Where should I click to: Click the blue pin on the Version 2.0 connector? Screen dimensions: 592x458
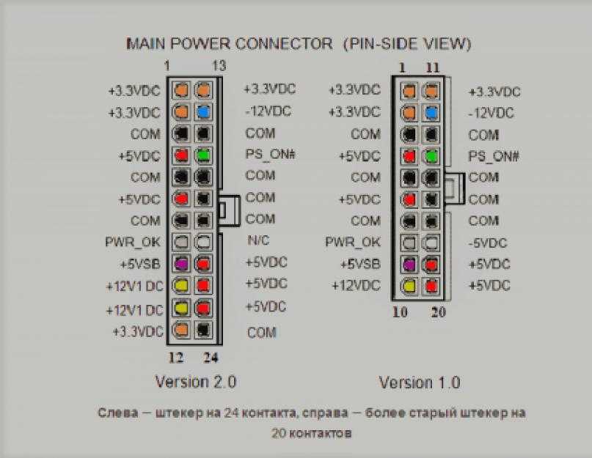pyautogui.click(x=203, y=112)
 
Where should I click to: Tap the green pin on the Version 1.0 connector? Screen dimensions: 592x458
pyautogui.click(x=431, y=156)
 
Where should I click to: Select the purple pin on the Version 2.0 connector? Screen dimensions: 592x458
pyautogui.click(x=181, y=264)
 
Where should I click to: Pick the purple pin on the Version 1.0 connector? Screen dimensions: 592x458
pyautogui.click(x=409, y=264)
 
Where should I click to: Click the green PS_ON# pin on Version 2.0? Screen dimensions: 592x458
pyautogui.click(x=203, y=155)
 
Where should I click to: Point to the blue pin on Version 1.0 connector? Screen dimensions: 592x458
pyautogui.click(x=431, y=112)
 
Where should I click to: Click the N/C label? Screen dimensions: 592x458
pyautogui.click(x=259, y=240)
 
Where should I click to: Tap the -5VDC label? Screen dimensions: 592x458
pyautogui.click(x=487, y=243)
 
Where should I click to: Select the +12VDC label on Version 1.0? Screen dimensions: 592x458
pyautogui.click(x=356, y=286)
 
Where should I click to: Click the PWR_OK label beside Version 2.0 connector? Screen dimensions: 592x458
pyautogui.click(x=133, y=242)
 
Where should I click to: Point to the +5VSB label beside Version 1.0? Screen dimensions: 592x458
pyautogui.click(x=360, y=264)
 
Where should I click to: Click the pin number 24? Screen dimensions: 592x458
pyautogui.click(x=211, y=358)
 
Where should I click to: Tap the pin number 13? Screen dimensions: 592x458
pyautogui.click(x=219, y=66)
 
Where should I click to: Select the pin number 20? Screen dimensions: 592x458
pyautogui.click(x=439, y=312)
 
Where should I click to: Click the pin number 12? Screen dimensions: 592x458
pyautogui.click(x=176, y=358)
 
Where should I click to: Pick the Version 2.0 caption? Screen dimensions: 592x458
pyautogui.click(x=196, y=382)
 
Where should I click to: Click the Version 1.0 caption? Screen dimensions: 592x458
pyautogui.click(x=420, y=383)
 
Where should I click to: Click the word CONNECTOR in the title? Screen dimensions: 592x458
pyautogui.click(x=284, y=44)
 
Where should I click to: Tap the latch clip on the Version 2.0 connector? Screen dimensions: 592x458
pyautogui.click(x=229, y=210)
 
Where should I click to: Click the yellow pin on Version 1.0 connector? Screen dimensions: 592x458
pyautogui.click(x=409, y=286)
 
